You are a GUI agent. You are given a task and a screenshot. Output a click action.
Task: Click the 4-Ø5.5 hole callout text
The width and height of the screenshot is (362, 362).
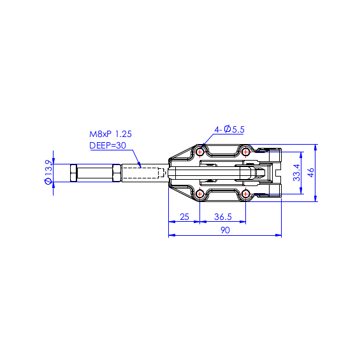tap(229, 129)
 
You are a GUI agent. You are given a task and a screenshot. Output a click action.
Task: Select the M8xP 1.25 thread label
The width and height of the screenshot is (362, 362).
tap(110, 134)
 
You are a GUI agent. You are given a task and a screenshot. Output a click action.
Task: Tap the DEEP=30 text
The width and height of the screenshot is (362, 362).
tap(108, 145)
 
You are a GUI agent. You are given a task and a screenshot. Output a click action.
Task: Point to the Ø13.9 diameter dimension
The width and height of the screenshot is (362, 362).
tap(48, 172)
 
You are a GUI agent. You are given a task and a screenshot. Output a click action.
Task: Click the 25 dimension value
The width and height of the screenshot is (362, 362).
tap(184, 217)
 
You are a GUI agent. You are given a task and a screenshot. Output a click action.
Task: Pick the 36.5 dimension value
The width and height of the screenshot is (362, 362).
tap(223, 217)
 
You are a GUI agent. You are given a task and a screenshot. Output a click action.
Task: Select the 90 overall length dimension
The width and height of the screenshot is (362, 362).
tap(225, 230)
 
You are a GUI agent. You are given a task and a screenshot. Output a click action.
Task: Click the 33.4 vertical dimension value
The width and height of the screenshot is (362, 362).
tap(296, 173)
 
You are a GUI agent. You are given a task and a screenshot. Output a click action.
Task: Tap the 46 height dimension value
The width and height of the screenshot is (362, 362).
tap(311, 173)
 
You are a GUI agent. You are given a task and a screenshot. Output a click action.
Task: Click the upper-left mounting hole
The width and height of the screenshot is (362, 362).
tap(199, 152)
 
